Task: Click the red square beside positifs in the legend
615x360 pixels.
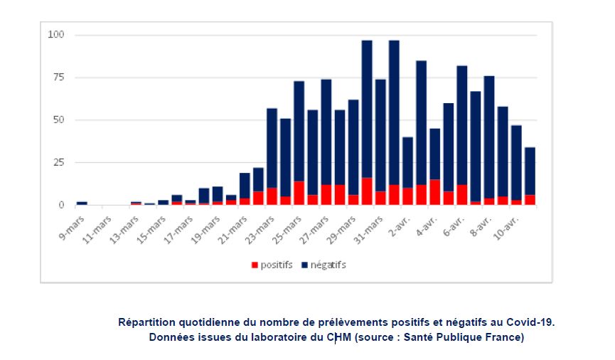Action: click(x=255, y=265)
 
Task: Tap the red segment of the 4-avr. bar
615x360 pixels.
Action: click(x=434, y=192)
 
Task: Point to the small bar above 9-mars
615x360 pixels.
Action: click(x=82, y=203)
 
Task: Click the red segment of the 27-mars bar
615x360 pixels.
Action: click(x=326, y=195)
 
